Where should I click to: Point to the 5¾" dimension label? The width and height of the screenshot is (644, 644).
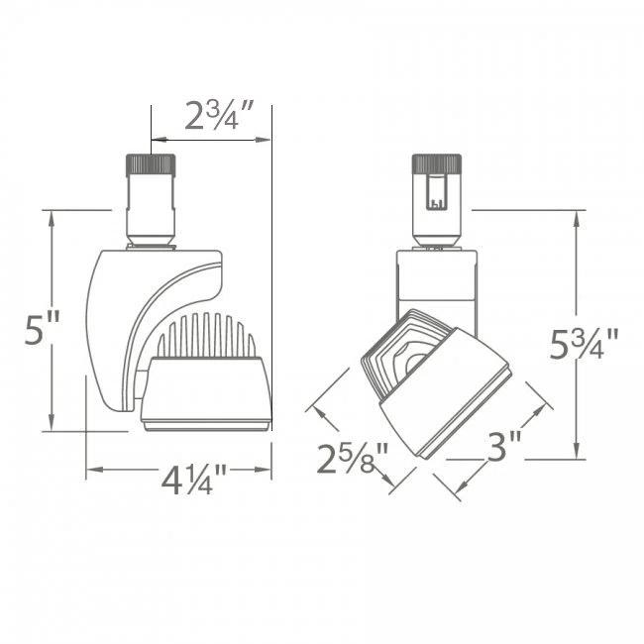[x=585, y=345]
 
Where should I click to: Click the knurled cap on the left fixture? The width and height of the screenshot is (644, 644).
[x=150, y=164]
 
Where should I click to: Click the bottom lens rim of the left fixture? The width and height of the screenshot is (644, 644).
[x=205, y=425]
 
